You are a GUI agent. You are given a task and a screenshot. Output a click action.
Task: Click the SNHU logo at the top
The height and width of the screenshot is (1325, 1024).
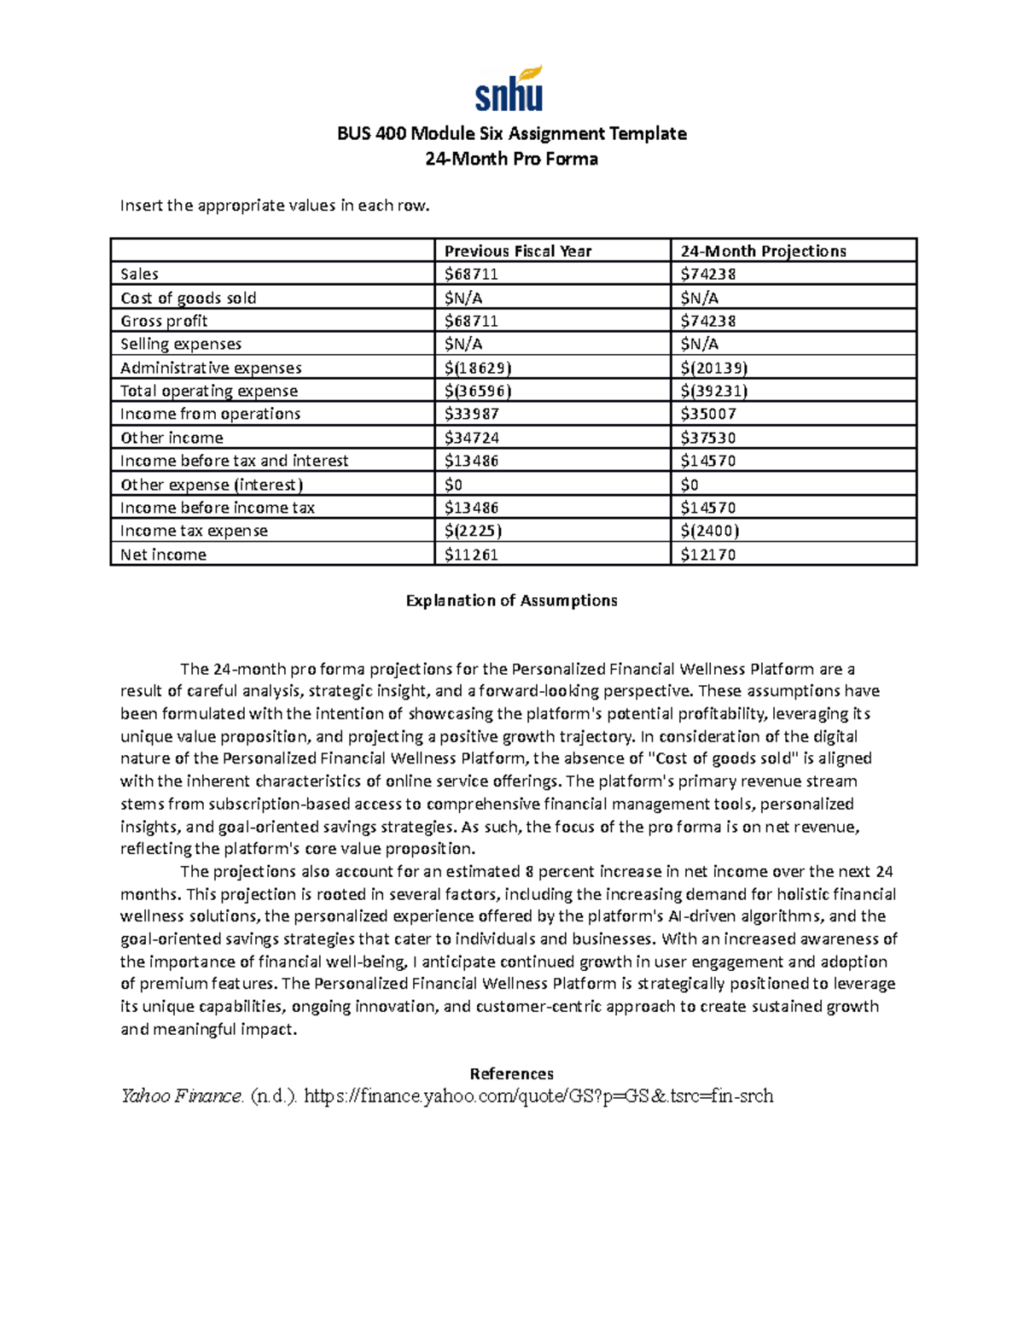pos(509,90)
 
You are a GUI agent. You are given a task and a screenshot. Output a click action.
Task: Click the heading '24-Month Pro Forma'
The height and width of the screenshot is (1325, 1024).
pos(511,159)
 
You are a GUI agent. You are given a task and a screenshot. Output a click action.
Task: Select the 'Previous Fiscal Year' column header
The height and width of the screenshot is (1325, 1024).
pos(517,251)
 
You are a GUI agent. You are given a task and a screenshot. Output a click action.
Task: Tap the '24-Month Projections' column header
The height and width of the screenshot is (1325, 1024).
pos(763,251)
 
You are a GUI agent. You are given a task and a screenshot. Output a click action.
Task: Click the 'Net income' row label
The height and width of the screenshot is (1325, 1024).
pos(163,555)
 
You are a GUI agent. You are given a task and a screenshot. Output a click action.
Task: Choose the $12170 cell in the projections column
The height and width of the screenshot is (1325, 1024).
pos(707,555)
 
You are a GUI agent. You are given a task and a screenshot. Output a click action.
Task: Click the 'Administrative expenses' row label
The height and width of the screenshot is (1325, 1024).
pos(211,368)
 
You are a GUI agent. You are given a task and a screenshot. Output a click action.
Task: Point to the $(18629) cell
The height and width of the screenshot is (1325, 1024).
pos(478,368)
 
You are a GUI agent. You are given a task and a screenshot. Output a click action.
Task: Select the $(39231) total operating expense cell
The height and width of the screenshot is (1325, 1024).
pos(714,391)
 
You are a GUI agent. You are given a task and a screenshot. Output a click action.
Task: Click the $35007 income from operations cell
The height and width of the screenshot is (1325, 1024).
pos(707,414)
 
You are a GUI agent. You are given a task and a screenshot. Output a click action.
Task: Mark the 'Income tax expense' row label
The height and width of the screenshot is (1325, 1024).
pos(194,531)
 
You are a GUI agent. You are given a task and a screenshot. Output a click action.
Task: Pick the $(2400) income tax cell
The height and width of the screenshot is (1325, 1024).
pos(710,531)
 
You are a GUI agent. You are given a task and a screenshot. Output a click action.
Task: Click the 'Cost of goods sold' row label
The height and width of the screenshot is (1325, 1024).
pos(188,298)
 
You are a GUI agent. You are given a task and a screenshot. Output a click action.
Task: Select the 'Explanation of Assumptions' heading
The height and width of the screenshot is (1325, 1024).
pos(511,601)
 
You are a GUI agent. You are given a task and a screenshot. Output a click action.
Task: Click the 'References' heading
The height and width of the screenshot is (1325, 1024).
pos(511,1073)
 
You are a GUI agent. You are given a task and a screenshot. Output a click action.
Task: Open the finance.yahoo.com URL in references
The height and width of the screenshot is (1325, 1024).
pos(538,1096)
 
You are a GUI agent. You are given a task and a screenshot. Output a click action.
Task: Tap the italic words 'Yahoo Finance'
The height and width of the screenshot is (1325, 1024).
pos(182,1096)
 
